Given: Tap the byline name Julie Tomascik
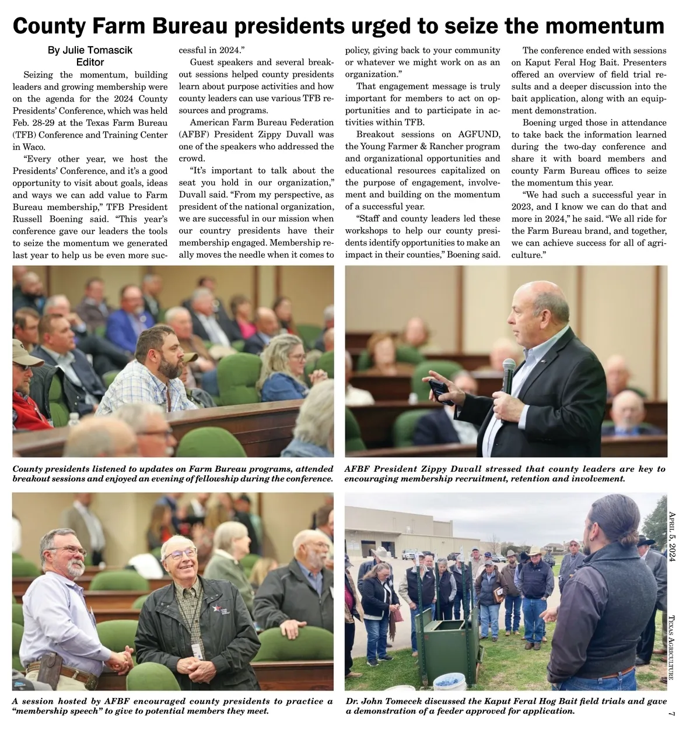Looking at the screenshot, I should [x=90, y=50].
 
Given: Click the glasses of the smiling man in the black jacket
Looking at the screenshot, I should [x=181, y=553].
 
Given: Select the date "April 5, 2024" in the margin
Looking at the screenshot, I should [x=671, y=536].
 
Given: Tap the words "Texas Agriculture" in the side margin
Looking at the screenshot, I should [x=671, y=647].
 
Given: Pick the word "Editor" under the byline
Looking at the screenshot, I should [x=90, y=62].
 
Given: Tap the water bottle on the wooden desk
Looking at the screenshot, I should [x=73, y=422].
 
